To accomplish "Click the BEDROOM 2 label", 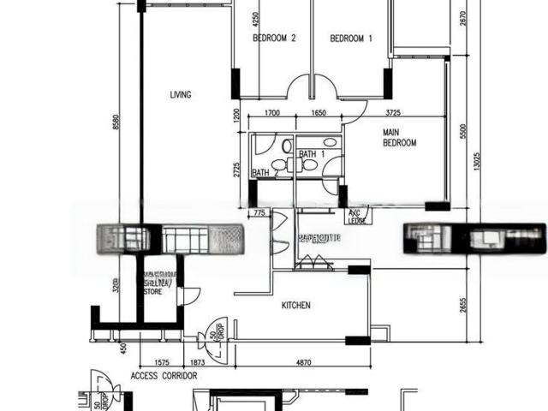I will [274, 39].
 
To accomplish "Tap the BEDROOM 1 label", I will [351, 39].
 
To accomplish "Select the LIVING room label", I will [180, 95].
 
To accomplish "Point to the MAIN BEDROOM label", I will [399, 138].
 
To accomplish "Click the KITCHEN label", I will [296, 306].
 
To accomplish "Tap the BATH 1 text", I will [311, 154].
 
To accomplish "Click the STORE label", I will [153, 291].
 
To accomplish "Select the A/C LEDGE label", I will [357, 217].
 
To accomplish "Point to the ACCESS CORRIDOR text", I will [164, 376].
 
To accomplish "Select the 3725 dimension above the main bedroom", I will [395, 113].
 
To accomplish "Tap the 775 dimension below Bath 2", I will [256, 212].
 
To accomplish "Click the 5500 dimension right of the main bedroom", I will [462, 133].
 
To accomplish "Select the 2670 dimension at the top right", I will [462, 15].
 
